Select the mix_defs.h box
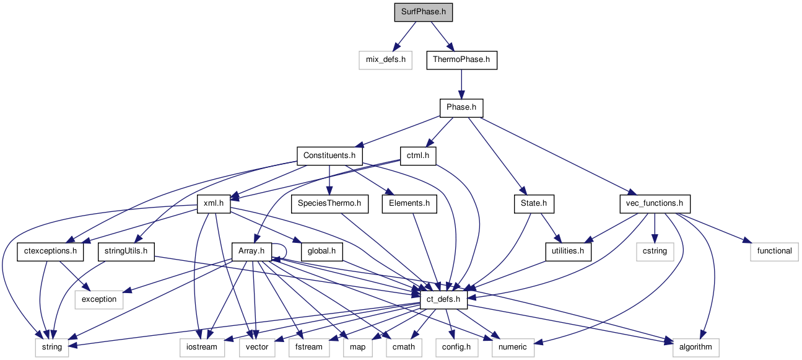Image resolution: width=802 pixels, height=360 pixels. (385, 60)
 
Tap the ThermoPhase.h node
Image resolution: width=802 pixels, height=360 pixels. (461, 60)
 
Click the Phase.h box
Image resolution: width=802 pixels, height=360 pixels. (461, 108)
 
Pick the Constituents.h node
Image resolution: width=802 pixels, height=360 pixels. (329, 156)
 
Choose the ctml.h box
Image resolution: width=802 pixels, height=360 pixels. (418, 156)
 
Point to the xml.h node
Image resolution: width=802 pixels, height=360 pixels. (213, 203)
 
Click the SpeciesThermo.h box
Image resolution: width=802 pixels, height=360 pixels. (329, 203)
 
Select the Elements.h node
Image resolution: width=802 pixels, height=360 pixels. (409, 203)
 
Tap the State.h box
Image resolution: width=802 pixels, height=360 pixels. (534, 203)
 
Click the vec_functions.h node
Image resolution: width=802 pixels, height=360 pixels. (655, 203)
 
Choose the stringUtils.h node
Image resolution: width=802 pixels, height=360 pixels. (126, 251)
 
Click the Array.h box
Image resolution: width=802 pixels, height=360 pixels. (251, 251)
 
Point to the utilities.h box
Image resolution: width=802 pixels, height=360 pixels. (568, 251)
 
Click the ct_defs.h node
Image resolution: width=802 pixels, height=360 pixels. (443, 299)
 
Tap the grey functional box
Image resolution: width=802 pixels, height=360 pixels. (774, 251)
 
